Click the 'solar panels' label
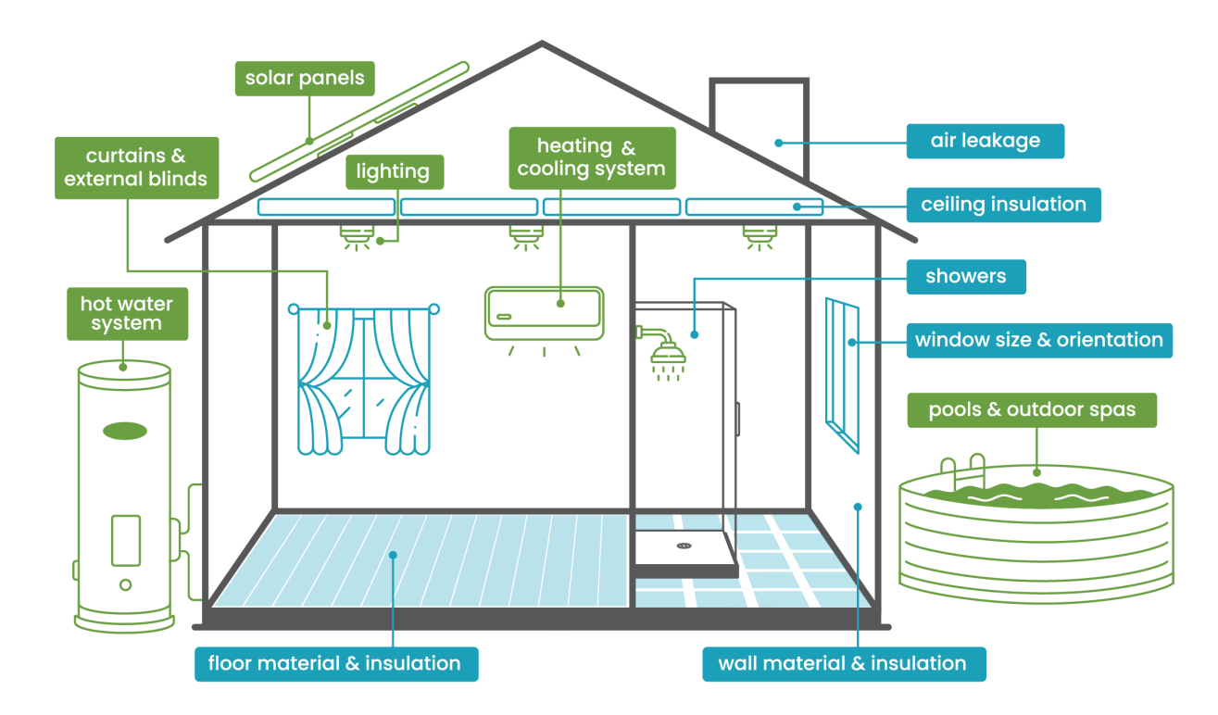[305, 79]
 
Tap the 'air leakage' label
[986, 142]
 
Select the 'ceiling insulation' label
[1003, 204]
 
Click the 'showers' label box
[965, 276]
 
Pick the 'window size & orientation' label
[1038, 340]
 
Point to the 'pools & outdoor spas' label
[1032, 409]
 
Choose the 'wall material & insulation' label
[842, 663]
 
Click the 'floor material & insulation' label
[335, 663]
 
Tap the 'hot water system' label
[127, 313]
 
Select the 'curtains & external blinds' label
[136, 168]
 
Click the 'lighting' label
[394, 171]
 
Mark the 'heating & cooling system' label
[592, 157]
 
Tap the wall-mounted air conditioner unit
[544, 312]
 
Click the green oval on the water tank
[124, 430]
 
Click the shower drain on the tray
[684, 546]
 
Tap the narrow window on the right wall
[842, 374]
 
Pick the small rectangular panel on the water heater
[125, 537]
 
